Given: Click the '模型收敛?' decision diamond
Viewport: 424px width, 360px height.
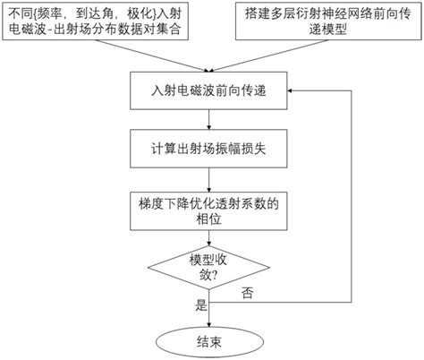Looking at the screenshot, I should (x=210, y=270).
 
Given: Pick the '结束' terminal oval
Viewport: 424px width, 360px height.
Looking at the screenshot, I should (x=210, y=340).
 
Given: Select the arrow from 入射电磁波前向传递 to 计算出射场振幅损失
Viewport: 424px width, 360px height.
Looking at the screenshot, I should (x=210, y=123).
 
